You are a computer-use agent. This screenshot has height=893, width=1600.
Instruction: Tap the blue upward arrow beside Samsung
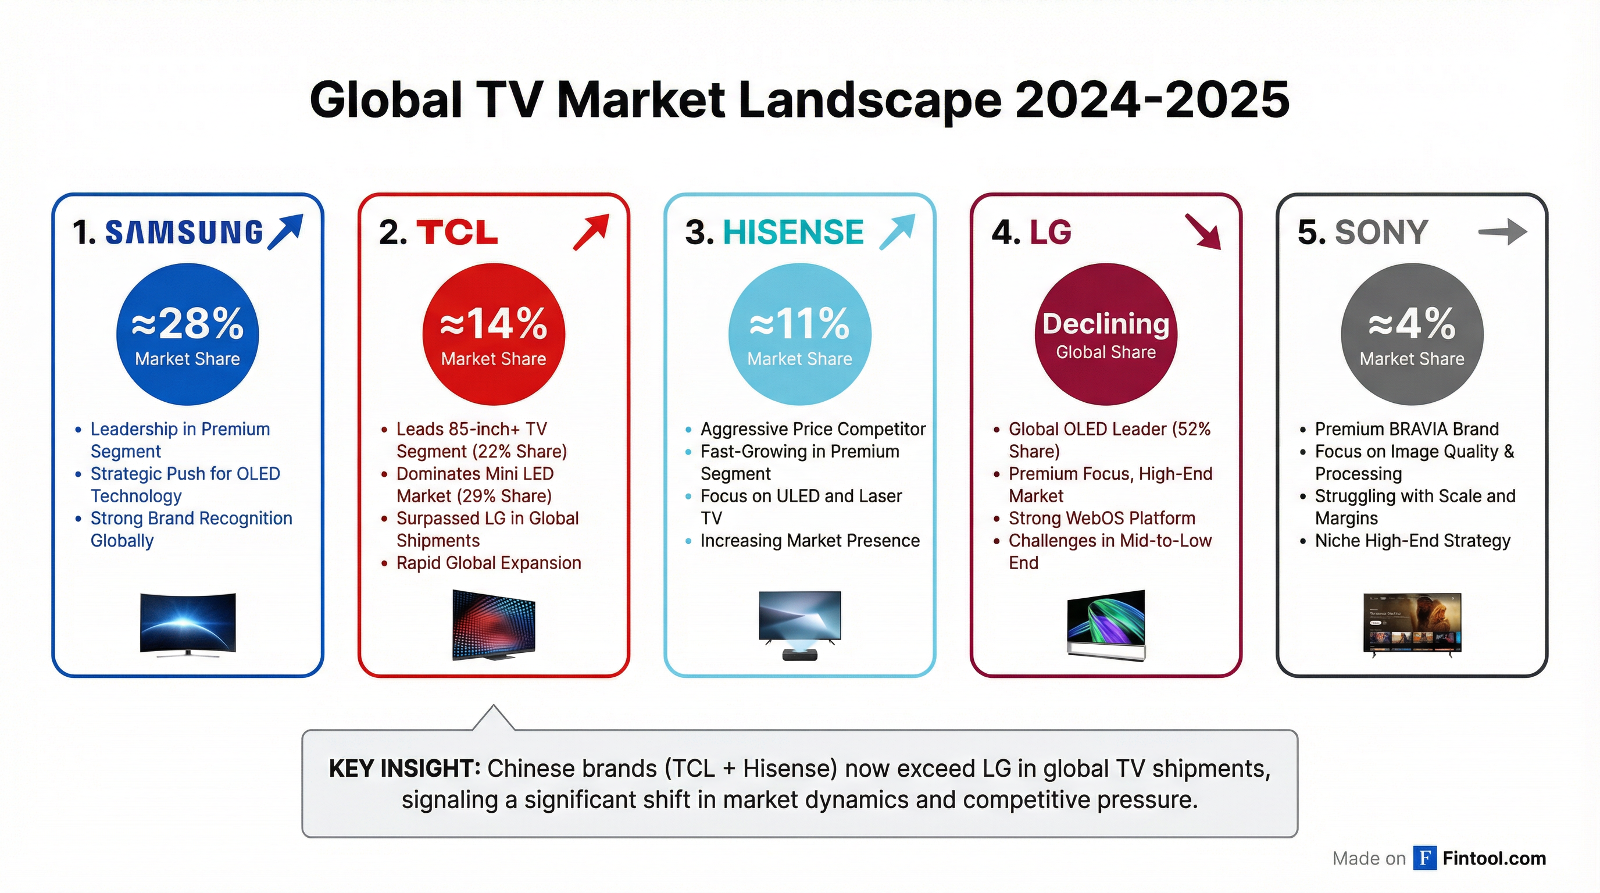285,231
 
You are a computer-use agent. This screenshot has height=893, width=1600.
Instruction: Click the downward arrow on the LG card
1202,231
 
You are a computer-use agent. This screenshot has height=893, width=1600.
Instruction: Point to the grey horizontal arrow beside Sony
1502,232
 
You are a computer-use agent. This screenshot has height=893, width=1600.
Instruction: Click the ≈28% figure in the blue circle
188,324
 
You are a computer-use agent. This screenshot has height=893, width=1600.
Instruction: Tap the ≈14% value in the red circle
494,324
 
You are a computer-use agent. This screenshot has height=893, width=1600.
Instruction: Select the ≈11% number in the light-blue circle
799,324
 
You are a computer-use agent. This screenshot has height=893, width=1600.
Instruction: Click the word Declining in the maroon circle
1106,324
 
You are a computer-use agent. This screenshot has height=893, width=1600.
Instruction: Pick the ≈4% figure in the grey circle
1412,324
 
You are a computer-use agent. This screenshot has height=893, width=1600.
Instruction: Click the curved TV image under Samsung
188,623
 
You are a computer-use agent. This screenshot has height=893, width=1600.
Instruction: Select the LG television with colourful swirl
1106,623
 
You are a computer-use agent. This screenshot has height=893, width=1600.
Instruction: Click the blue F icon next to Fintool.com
1424,858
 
